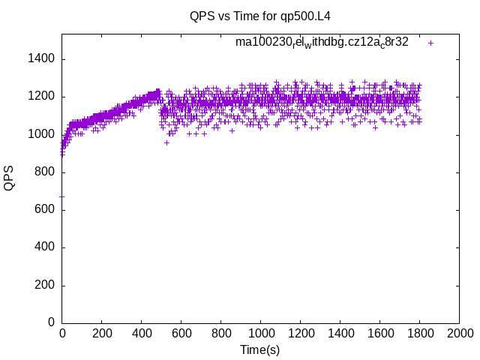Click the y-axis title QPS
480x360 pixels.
click(9, 178)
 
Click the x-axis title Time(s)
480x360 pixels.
click(259, 349)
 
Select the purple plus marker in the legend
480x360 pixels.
click(430, 43)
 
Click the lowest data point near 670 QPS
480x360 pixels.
click(61, 196)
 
